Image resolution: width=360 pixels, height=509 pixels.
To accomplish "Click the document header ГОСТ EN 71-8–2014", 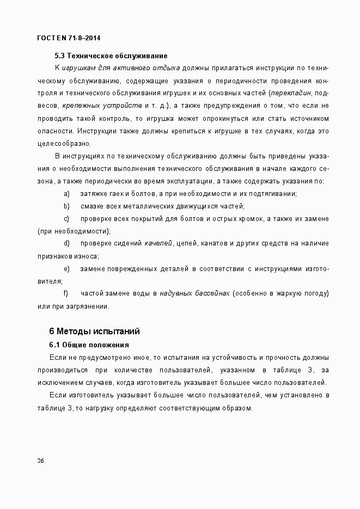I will [x=68, y=38].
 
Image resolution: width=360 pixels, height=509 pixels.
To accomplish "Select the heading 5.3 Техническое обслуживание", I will [x=111, y=56].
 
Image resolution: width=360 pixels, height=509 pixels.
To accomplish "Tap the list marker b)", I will [x=67, y=206].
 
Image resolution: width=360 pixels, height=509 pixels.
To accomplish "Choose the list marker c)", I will [x=67, y=218].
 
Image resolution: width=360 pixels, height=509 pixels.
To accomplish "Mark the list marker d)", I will [x=67, y=243].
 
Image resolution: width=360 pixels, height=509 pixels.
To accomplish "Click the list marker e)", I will [x=67, y=268].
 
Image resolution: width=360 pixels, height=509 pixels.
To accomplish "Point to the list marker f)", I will [x=66, y=293].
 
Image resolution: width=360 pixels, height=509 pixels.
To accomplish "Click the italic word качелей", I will [x=158, y=243].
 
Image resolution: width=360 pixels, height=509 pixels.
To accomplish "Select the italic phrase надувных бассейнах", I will [x=194, y=293].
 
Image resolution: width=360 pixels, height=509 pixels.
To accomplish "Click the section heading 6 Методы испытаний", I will [x=95, y=331].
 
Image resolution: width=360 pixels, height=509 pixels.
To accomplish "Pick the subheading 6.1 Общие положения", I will [x=89, y=345].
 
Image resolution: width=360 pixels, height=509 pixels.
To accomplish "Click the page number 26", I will [x=41, y=461].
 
